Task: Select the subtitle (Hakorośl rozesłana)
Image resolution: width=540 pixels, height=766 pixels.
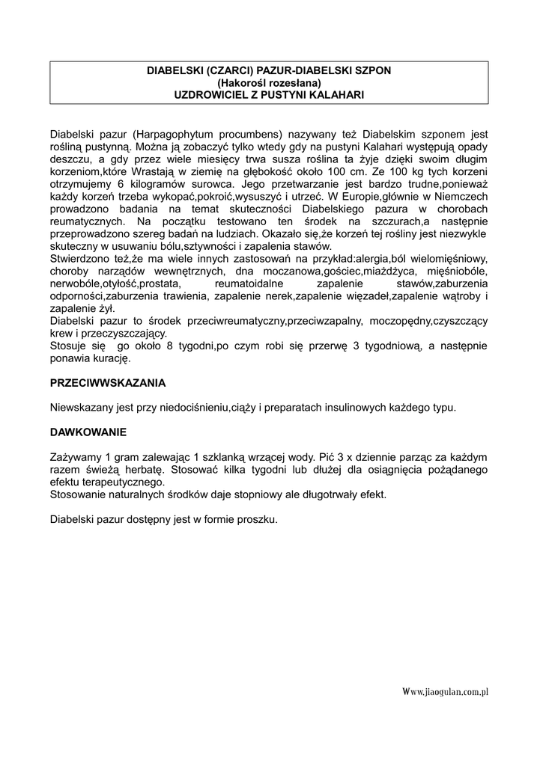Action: click(269, 82)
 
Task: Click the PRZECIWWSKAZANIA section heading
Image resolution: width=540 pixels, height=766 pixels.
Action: click(108, 382)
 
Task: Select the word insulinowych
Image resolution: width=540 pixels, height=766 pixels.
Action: click(356, 408)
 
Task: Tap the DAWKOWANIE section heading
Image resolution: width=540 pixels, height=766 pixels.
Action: click(89, 432)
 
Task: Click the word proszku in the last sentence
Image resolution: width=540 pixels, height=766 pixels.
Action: click(256, 519)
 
